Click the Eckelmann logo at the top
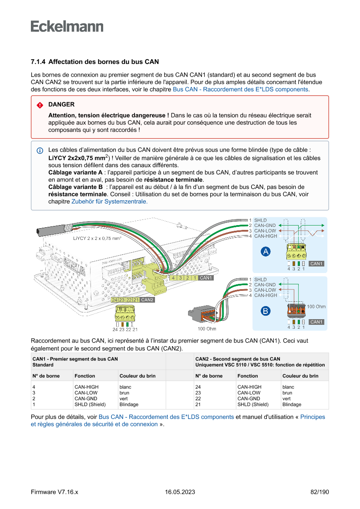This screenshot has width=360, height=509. pos(67,26)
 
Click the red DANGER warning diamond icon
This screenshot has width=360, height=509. pos(40,105)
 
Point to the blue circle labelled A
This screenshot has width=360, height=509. pos(266,252)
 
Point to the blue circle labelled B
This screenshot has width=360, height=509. pos(266,310)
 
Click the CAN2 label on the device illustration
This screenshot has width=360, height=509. pos(148,300)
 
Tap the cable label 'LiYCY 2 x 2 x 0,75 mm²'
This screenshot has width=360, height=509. pos(97,239)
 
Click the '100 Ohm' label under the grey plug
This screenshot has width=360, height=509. pos(207,329)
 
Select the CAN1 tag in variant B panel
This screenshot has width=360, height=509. pos(316,322)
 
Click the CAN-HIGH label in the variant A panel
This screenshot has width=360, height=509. pos(266,236)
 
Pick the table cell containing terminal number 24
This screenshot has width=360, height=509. pos(198,387)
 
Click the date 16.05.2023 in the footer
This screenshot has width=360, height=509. pos(180,492)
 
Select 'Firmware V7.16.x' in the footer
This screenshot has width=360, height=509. pos(54,492)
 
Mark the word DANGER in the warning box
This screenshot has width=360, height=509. pos(61,104)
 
